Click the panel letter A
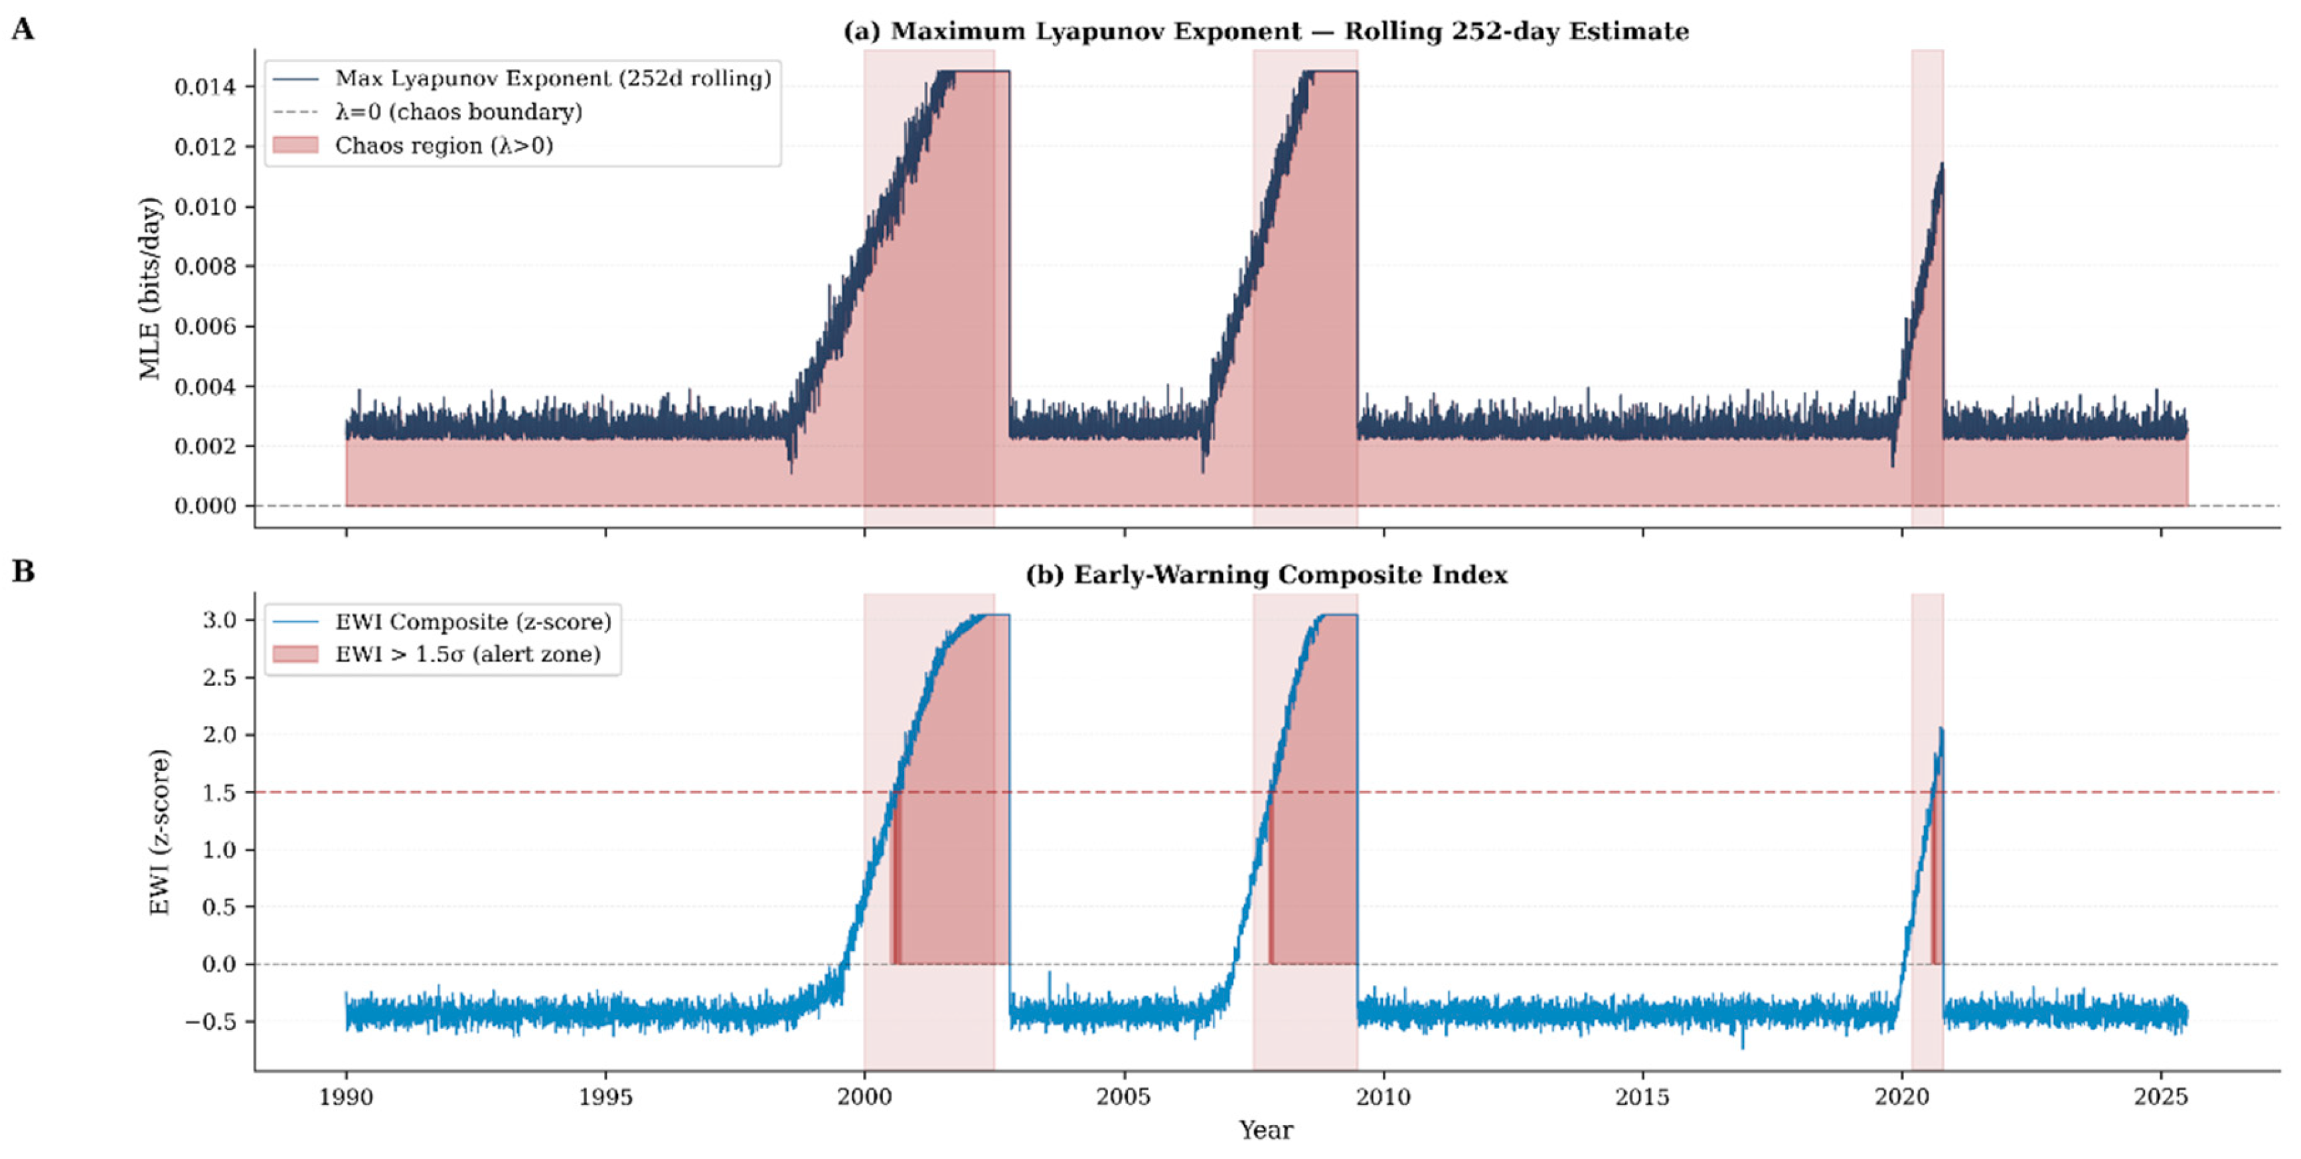coord(23,29)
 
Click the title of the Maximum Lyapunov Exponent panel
coord(1266,31)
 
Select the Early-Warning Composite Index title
coord(1266,575)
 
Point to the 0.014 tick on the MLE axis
coord(205,87)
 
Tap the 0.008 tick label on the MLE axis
coord(205,266)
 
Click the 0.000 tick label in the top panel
coord(205,506)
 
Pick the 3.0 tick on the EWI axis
coord(219,620)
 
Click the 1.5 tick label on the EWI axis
coord(219,792)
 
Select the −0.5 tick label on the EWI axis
coord(211,1022)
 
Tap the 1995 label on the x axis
coord(605,1097)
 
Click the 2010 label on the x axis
coord(1383,1097)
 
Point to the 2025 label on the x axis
coord(2160,1097)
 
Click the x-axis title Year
coord(1266,1130)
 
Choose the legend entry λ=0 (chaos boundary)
coord(458,112)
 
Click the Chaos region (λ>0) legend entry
coord(444,145)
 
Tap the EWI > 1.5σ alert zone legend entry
coord(467,654)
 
